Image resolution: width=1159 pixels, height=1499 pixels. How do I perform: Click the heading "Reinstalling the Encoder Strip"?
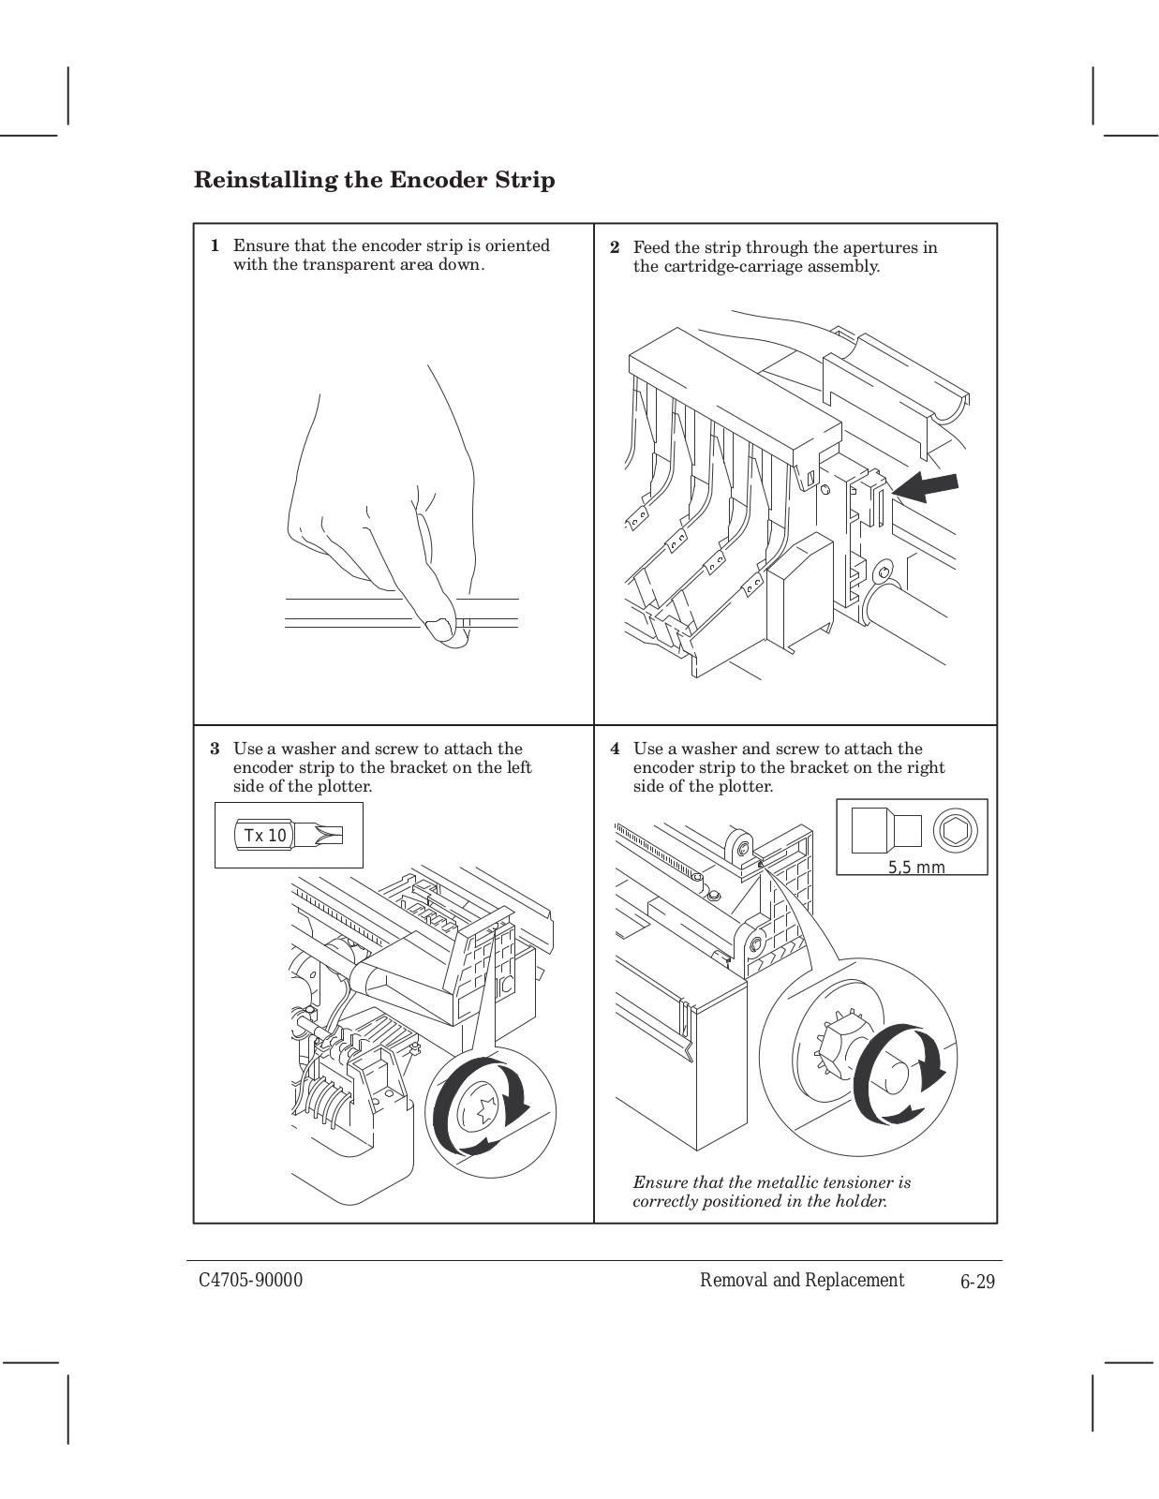pos(374,180)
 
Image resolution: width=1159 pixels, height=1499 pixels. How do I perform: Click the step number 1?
pos(215,246)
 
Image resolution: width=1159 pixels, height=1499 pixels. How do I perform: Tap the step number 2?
pos(615,248)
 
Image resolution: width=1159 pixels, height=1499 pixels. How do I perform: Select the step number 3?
pos(215,749)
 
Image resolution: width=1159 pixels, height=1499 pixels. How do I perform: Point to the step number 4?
pos(615,749)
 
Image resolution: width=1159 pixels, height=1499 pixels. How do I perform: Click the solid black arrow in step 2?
pos(925,487)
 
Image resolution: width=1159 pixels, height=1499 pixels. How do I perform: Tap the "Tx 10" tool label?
pos(265,836)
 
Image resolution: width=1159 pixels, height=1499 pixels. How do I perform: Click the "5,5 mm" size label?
pos(916,868)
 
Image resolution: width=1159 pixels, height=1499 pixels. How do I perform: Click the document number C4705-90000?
pos(249,1281)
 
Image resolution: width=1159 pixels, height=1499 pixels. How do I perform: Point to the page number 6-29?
pos(977,1282)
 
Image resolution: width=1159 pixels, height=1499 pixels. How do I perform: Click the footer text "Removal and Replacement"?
pos(802,1281)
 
